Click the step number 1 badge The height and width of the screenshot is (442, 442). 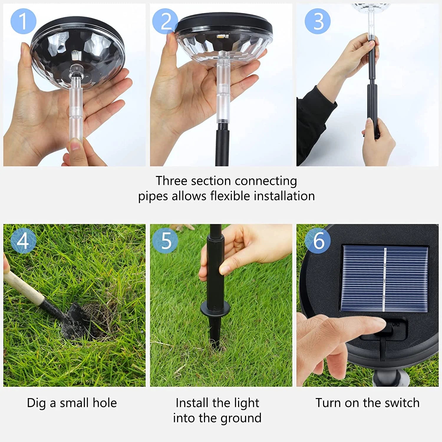(x=23, y=21)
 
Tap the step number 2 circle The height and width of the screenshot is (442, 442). (x=165, y=21)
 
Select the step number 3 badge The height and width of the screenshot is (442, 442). (x=318, y=21)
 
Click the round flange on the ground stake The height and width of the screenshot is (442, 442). (x=215, y=309)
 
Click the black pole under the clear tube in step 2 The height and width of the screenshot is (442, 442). (x=223, y=144)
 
